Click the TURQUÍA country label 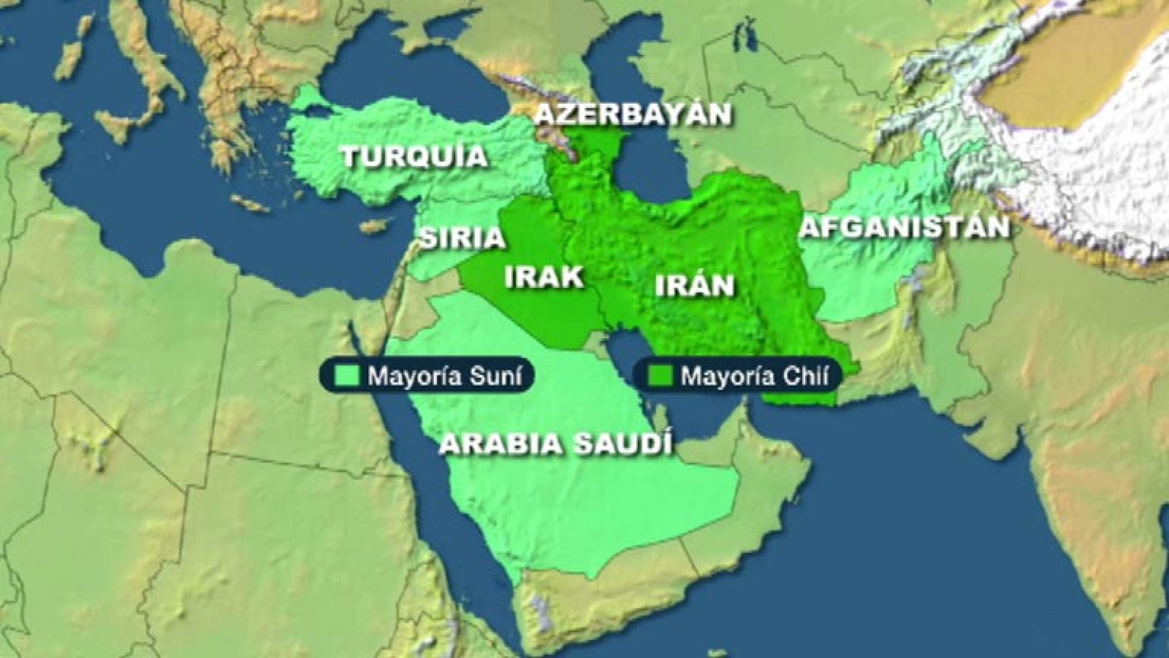(414, 156)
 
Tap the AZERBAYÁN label (632, 115)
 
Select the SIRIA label (461, 237)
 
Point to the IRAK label (544, 277)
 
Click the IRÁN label (694, 285)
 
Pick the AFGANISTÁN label (905, 227)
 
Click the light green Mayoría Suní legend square (346, 375)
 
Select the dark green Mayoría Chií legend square (660, 375)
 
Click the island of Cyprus (374, 226)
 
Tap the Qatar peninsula (659, 421)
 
